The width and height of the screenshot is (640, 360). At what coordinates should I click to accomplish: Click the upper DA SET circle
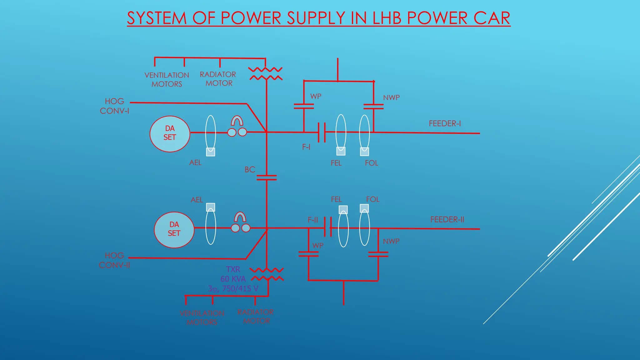170,134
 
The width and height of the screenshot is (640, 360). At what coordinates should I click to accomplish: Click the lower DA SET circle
174,230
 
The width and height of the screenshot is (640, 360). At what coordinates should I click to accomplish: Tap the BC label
250,170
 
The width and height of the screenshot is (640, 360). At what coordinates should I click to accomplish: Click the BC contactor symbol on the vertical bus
267,177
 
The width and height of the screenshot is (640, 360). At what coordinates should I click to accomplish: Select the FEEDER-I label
445,123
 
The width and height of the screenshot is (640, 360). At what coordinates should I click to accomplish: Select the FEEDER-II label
447,219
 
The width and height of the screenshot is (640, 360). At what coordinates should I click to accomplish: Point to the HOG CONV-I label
114,106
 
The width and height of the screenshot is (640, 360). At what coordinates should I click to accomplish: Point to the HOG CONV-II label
114,260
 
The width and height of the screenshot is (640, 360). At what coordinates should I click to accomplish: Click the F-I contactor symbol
322,132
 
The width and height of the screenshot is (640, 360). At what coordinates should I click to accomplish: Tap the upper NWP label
391,97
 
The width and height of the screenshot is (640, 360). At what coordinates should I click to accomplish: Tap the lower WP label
318,245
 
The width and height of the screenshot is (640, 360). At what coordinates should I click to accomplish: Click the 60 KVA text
233,279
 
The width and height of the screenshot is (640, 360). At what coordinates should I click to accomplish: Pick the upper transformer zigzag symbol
266,74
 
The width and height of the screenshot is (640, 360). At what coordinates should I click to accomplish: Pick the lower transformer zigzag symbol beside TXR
267,274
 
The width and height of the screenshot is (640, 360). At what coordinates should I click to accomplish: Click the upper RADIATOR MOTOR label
218,79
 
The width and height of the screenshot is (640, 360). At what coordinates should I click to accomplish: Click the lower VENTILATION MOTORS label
202,317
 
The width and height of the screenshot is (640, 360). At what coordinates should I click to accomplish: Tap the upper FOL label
372,163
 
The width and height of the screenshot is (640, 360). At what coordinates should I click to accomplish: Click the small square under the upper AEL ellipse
211,152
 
